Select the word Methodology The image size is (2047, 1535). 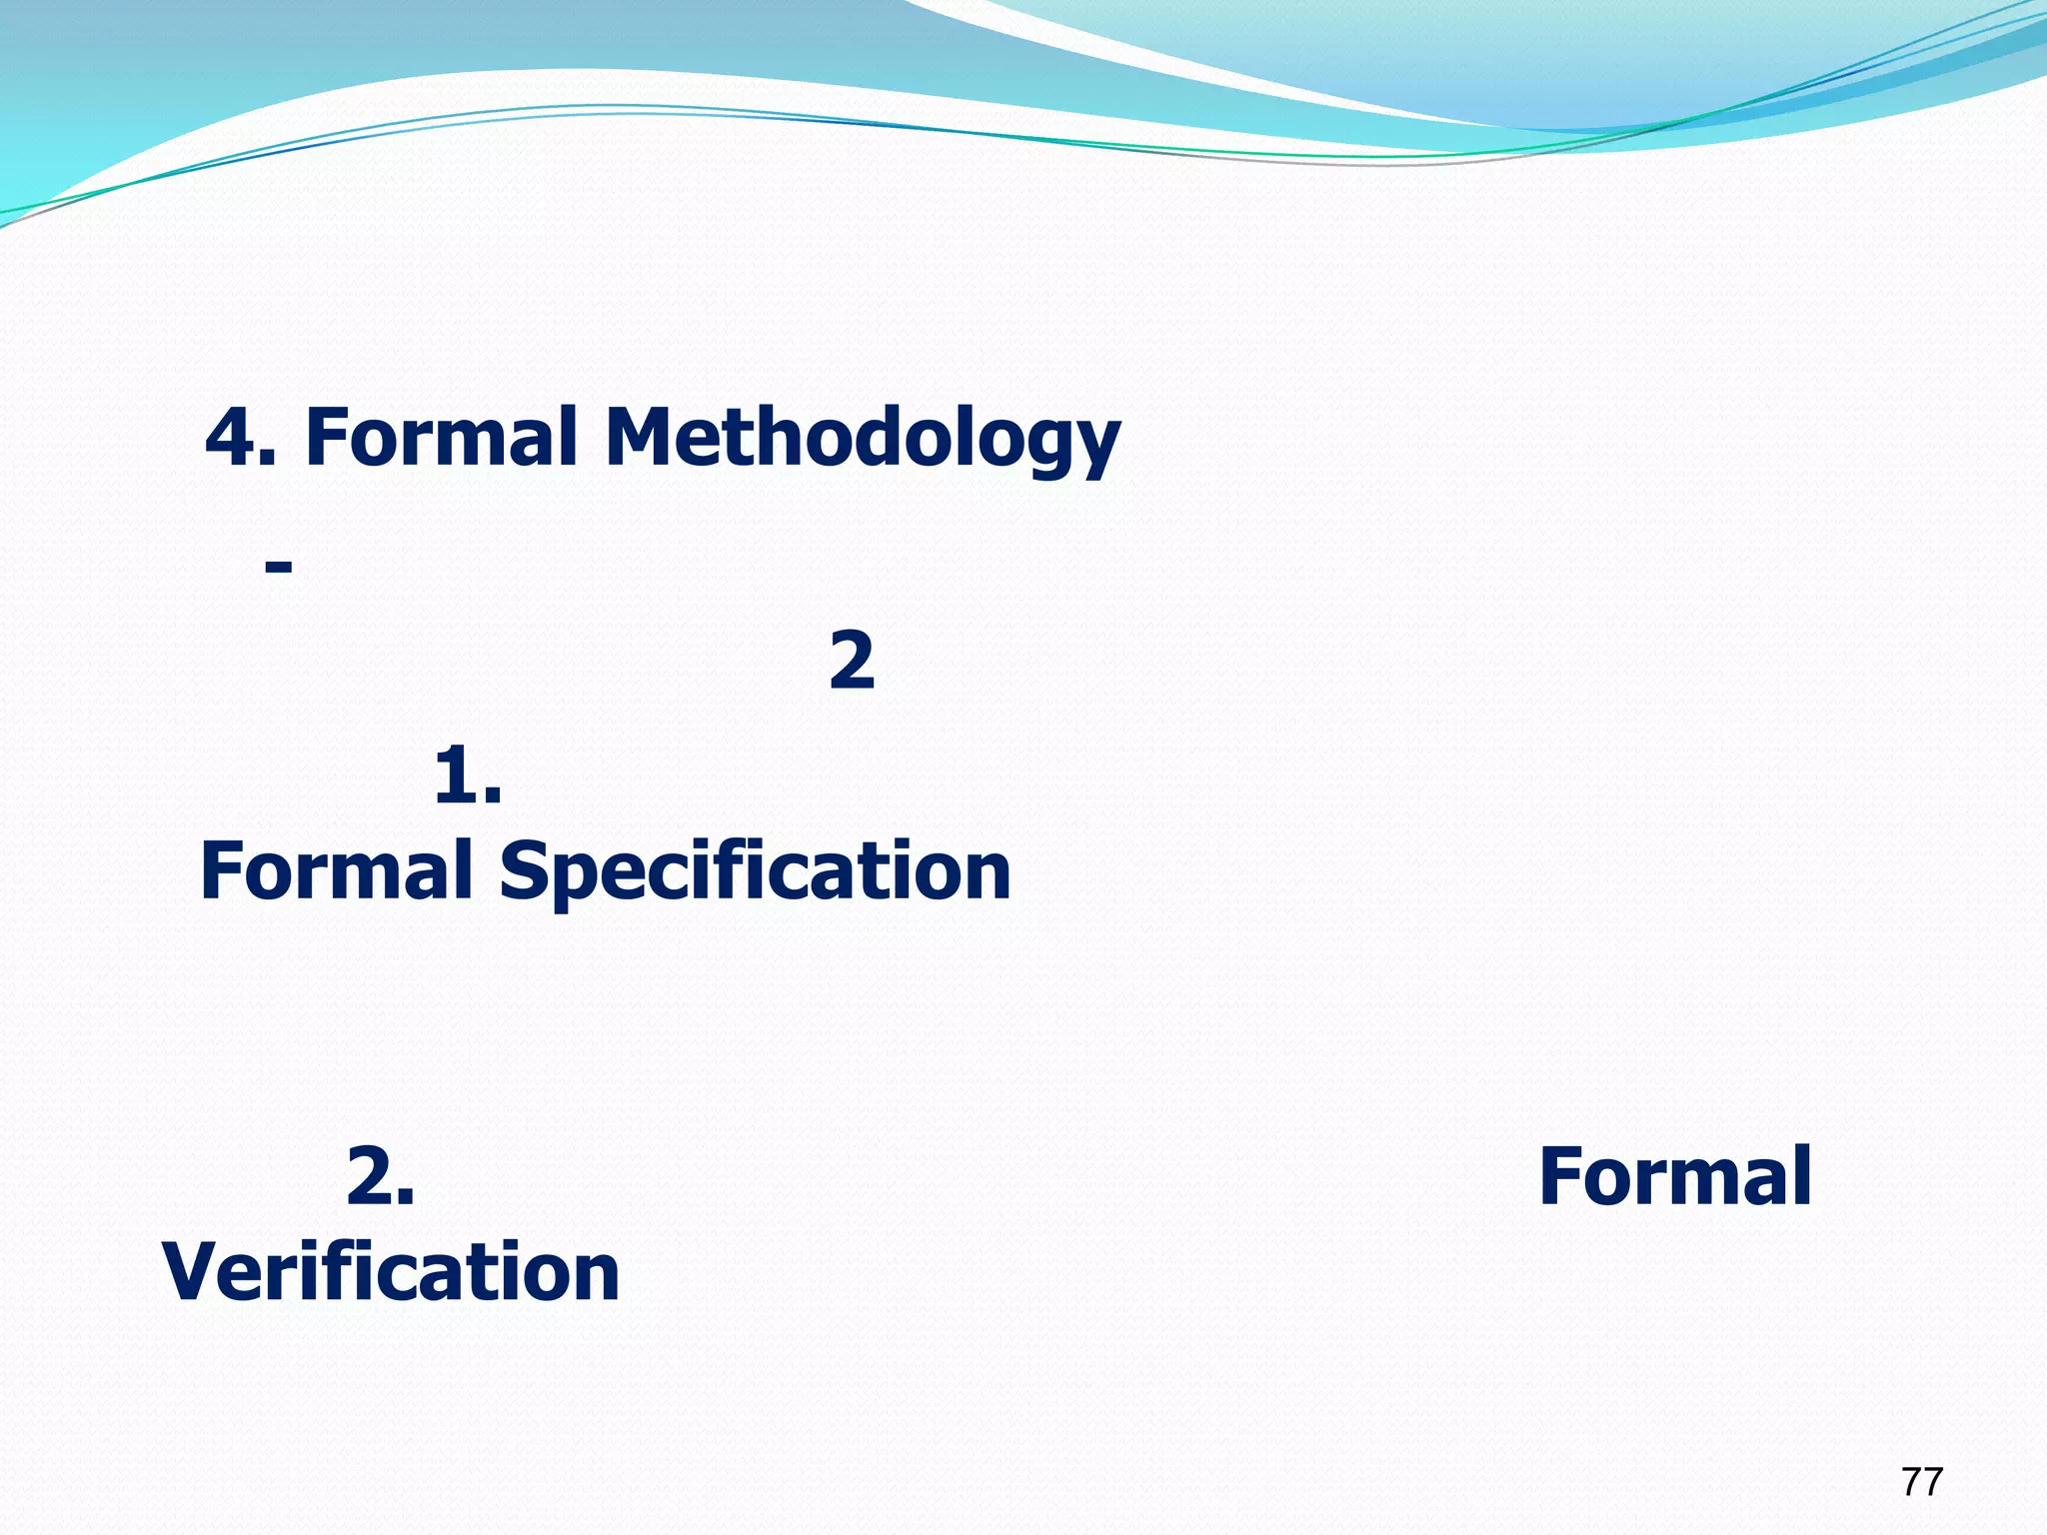tap(862, 440)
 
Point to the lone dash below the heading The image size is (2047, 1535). tap(278, 567)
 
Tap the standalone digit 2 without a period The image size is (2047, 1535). tap(852, 661)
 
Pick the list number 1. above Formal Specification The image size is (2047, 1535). tap(468, 776)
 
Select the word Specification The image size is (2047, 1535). tap(755, 872)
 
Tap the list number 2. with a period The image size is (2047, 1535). tap(380, 1176)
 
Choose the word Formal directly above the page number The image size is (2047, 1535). tap(1674, 1176)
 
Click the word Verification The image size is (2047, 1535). tap(391, 1271)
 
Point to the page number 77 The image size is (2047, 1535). tap(1921, 1481)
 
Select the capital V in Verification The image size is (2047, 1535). tap(194, 1271)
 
